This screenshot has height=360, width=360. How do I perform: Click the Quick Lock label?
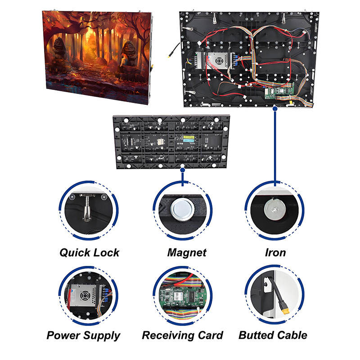(x=90, y=252)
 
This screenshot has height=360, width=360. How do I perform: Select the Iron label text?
(x=275, y=252)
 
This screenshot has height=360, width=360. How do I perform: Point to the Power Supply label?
(x=83, y=335)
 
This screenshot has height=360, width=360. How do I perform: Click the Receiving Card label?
(x=182, y=335)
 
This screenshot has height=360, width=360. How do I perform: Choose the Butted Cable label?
(x=273, y=335)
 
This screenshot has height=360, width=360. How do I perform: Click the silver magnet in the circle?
(x=182, y=210)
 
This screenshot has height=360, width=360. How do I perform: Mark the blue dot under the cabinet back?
(x=274, y=108)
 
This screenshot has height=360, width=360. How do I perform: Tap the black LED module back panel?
(x=171, y=141)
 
